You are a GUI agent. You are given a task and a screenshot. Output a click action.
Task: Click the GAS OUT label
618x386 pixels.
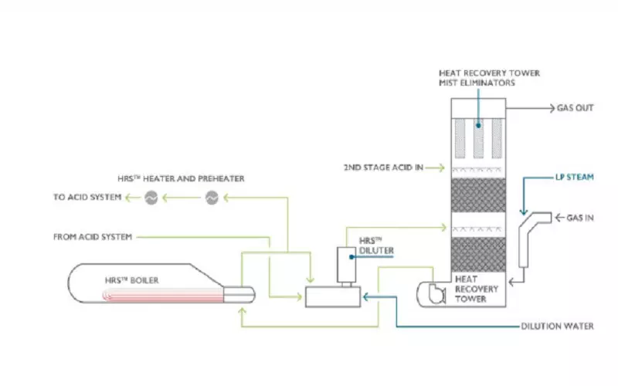575,108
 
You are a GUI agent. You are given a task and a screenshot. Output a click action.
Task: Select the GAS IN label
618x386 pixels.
579,218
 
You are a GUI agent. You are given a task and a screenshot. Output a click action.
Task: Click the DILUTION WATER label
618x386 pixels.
556,327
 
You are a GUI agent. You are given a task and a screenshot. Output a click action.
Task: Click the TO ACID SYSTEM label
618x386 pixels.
87,198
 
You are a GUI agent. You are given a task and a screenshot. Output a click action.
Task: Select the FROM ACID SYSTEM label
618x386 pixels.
92,235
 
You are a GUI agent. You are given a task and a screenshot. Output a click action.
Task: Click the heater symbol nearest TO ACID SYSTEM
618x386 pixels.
151,198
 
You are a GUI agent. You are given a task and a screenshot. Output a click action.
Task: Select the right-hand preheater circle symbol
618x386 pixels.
212,198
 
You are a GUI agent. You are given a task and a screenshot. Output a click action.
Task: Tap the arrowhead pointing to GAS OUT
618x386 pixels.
550,108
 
